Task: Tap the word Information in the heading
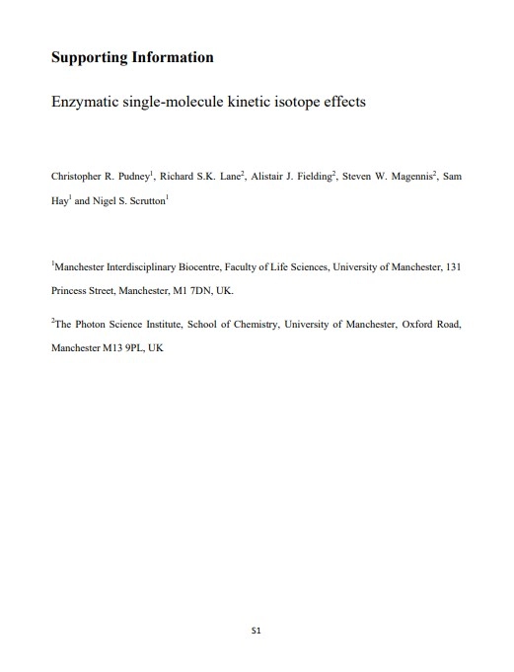tap(173, 57)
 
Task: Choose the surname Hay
tap(59, 199)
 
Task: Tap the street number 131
tap(454, 266)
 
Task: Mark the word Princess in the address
tap(68, 292)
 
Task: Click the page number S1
tap(257, 628)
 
